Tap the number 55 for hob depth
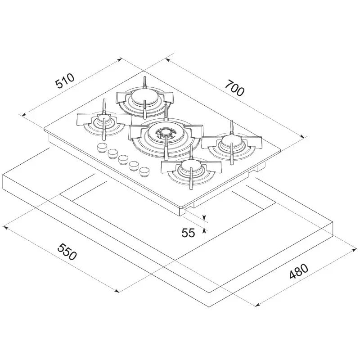188,233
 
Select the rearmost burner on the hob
144,97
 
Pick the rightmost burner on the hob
231,144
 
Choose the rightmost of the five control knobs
144,171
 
